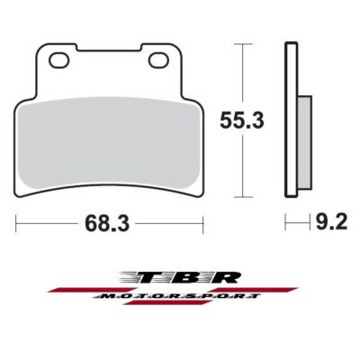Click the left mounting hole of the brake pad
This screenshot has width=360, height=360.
[61, 60]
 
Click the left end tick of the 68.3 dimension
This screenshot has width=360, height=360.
[17, 220]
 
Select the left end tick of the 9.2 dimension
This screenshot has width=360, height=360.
[286, 220]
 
